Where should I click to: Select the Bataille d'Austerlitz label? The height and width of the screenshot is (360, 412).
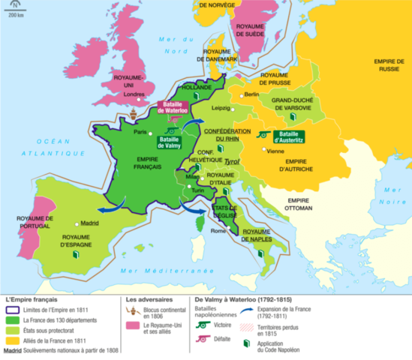point(289,136)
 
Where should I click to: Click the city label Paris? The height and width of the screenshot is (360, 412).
point(139,132)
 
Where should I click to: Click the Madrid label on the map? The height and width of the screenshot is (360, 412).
point(89,223)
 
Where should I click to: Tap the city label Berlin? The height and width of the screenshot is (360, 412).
point(251,95)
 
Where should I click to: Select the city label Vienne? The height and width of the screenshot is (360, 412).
point(275,151)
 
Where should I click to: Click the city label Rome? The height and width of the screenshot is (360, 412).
point(218,230)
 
